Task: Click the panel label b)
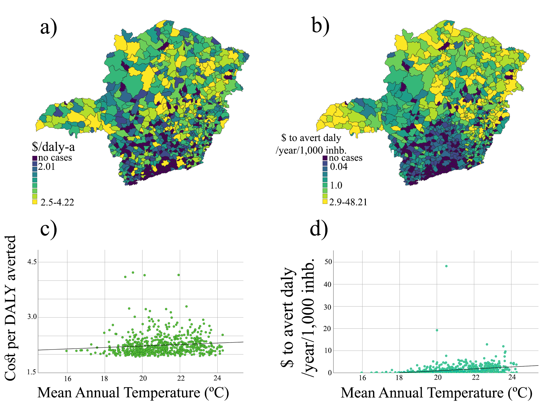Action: pos(320,25)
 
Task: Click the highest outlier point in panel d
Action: pos(446,266)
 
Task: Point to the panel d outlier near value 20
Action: pos(437,330)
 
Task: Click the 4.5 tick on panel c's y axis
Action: pos(32,262)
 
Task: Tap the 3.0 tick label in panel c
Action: pos(32,317)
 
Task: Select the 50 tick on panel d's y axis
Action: pos(328,262)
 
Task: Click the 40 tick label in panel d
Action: pos(328,284)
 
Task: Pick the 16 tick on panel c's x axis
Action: pos(67,379)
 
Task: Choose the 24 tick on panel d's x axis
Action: pos(512,377)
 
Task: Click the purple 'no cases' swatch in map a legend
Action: pos(35,158)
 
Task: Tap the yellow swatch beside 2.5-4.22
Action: pos(35,202)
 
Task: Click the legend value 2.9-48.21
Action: pos(348,202)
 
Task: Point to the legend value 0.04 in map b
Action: pos(339,167)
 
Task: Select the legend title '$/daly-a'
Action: pos(53,147)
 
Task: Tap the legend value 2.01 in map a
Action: pos(47,167)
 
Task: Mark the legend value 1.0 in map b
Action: pos(336,185)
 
